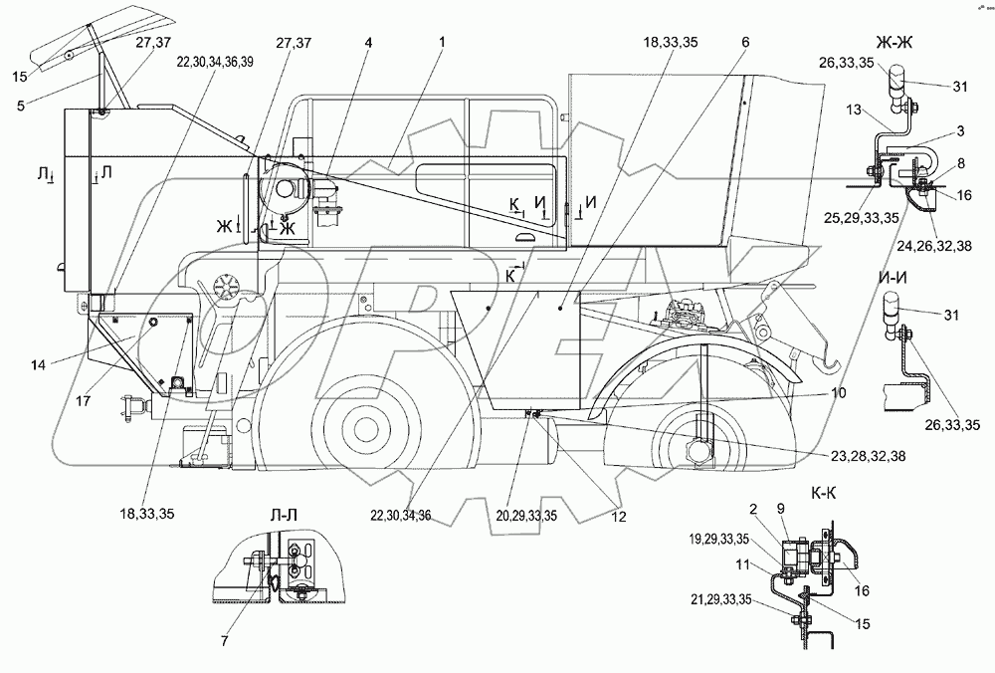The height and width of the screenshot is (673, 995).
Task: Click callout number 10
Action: [x=840, y=393]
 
